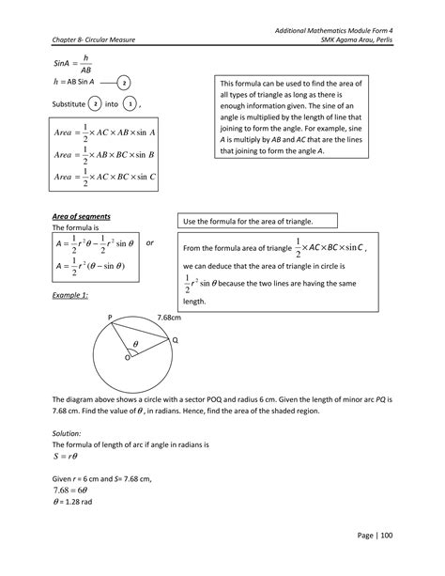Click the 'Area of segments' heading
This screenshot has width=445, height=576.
tap(79, 216)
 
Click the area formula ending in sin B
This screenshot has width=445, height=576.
tap(102, 153)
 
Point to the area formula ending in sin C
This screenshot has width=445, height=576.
tap(102, 176)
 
